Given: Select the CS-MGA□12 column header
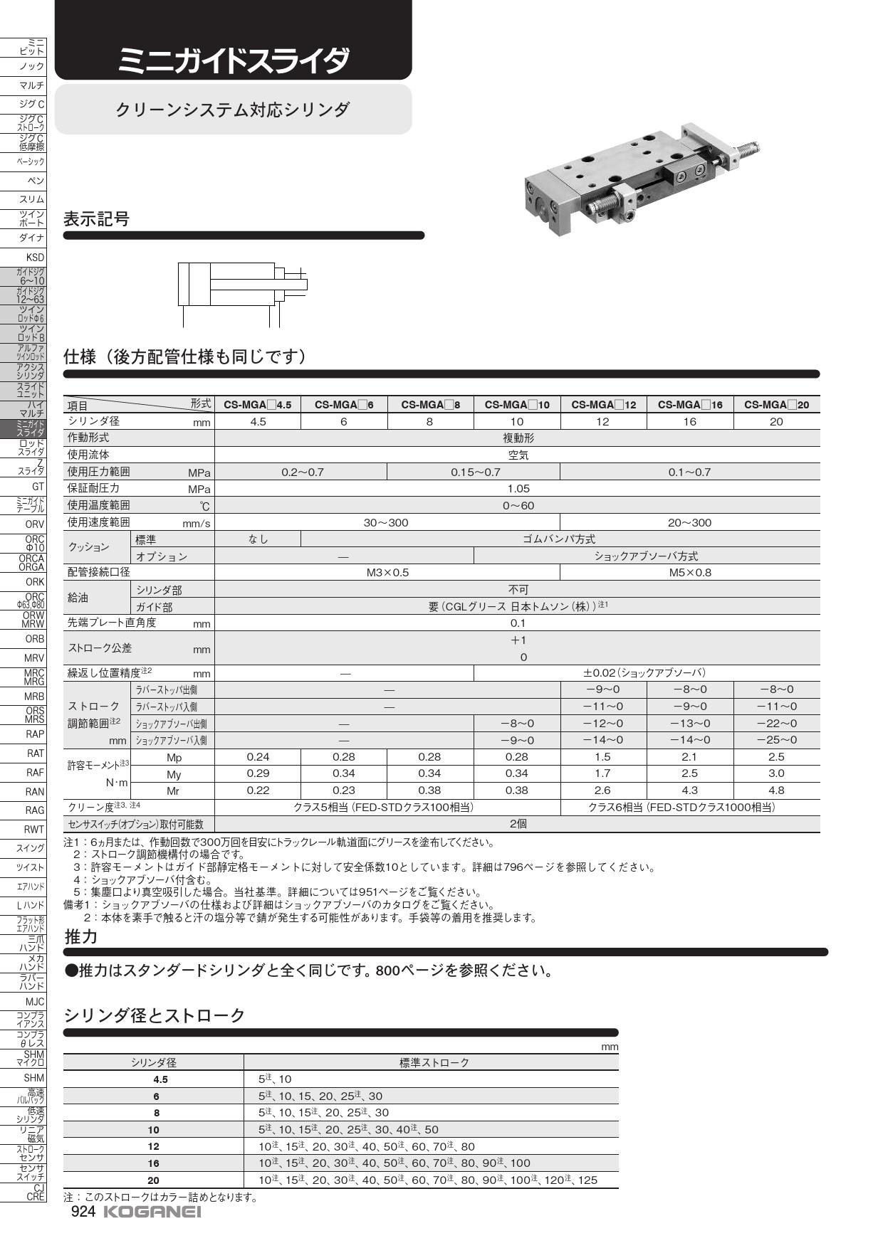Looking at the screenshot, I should point(603,405).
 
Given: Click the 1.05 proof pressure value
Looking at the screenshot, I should point(518,489).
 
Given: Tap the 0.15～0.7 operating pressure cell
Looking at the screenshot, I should point(475,472).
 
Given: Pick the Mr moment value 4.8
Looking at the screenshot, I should point(776,790).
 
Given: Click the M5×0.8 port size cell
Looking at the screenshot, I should point(689,573).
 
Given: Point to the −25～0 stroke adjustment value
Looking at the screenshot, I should point(776,740).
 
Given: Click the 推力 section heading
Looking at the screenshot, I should point(80,936).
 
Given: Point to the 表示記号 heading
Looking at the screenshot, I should point(97,219).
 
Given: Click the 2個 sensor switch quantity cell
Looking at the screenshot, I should point(518,824).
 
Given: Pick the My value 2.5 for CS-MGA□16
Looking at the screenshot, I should point(689,773).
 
